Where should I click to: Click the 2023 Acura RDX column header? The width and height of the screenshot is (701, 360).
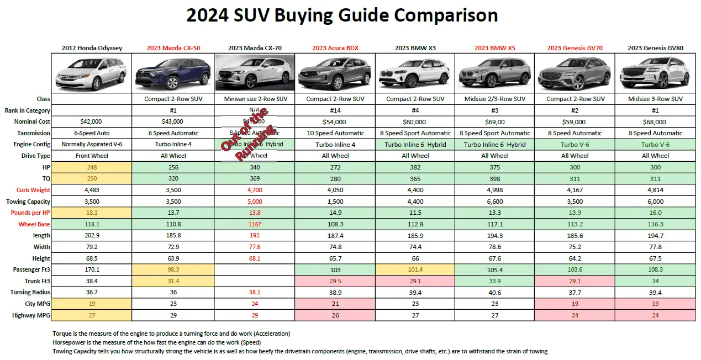coord(335,48)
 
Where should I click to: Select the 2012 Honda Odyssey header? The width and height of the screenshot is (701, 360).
coord(92,48)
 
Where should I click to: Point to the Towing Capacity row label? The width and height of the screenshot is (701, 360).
coord(31,202)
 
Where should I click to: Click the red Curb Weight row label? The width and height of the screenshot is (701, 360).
coord(34,190)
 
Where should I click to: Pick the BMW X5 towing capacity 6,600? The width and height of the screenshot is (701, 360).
coord(494,202)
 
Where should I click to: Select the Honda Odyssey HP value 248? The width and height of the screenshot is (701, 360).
coord(92,167)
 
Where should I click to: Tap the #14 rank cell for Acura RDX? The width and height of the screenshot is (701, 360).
coord(335,110)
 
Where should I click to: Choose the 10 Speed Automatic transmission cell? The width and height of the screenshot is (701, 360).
coord(335,133)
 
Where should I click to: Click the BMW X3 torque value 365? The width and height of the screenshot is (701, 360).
coord(415,179)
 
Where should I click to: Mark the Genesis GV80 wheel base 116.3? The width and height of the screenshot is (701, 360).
coord(655,224)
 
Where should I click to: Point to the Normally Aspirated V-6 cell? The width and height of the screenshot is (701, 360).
coord(92,145)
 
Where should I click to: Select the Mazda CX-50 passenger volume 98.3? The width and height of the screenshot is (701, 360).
coord(173,269)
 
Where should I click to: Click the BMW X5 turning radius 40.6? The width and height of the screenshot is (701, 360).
coord(494,292)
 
